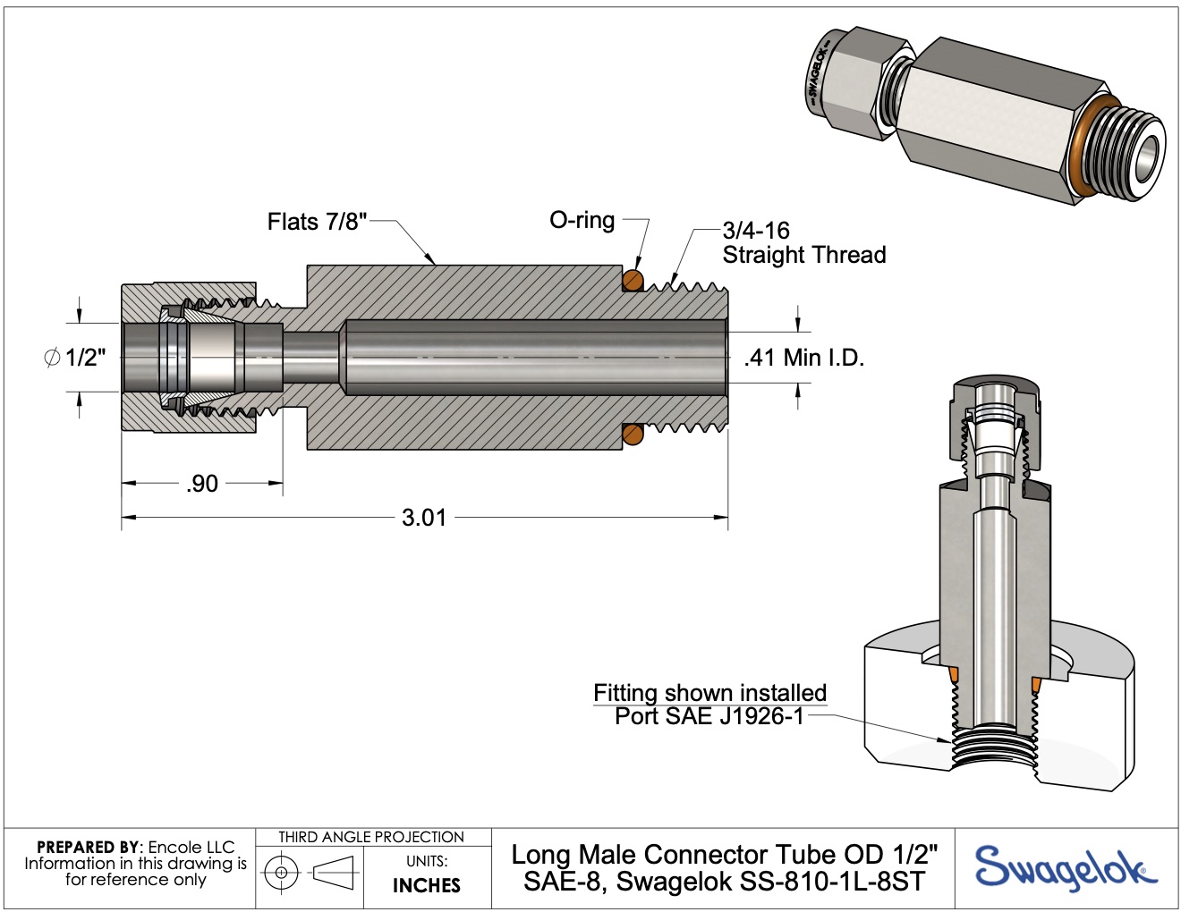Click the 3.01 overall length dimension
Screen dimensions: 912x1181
pyautogui.click(x=424, y=518)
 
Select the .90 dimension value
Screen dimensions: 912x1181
pyautogui.click(x=202, y=484)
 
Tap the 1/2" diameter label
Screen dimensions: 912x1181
pyautogui.click(x=85, y=358)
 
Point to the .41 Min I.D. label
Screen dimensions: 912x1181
pyautogui.click(x=803, y=358)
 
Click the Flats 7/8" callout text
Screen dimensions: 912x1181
pyautogui.click(x=317, y=222)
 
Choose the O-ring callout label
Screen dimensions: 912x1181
pyautogui.click(x=582, y=220)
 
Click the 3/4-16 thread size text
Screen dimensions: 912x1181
pyautogui.click(x=756, y=231)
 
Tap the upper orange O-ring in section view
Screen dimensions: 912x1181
pyautogui.click(x=633, y=281)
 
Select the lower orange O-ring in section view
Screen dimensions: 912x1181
pyautogui.click(x=633, y=435)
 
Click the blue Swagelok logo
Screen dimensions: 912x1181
pyautogui.click(x=1065, y=868)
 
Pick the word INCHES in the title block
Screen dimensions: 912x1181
pyautogui.click(x=427, y=885)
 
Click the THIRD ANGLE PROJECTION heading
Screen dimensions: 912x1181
pyautogui.click(x=371, y=838)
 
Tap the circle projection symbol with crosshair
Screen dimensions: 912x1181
pyautogui.click(x=282, y=872)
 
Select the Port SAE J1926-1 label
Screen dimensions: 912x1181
pyautogui.click(x=709, y=717)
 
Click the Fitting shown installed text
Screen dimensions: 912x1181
pyautogui.click(x=709, y=693)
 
